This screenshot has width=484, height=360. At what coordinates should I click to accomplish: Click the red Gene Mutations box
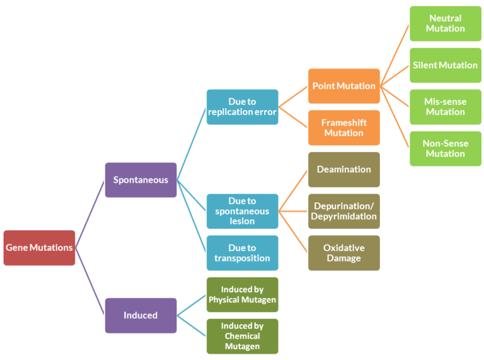coord(39,248)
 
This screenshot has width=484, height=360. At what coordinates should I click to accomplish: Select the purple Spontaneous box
coord(141,180)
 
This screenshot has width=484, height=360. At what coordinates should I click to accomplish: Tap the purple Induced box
coord(141,315)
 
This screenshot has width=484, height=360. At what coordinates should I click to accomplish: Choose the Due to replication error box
coord(242,107)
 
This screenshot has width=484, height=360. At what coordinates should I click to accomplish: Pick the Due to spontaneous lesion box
coord(242,211)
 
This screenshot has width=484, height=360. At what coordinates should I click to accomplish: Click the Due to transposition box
coord(242,253)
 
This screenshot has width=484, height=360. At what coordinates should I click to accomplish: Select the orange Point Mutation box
coord(344,86)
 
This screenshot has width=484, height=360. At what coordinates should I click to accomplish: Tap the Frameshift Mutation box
coord(344,127)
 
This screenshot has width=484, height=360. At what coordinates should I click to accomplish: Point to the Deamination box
coord(344,169)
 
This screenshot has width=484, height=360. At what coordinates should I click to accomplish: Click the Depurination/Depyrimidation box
coord(344,211)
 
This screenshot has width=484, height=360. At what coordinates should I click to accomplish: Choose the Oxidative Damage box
coord(344,253)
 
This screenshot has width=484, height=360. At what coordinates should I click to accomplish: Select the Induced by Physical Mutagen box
coord(242,294)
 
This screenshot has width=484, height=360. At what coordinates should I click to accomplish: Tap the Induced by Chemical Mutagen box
coord(242,336)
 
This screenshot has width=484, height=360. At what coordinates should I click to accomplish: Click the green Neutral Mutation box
coord(446,23)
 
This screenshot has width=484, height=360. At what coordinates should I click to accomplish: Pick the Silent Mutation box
coord(446,65)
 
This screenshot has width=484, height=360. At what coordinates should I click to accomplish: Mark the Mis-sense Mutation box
coord(446,107)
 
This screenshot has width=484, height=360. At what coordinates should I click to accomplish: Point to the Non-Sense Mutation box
coord(446,148)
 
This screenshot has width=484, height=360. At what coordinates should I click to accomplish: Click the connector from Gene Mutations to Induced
coord(90,281)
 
